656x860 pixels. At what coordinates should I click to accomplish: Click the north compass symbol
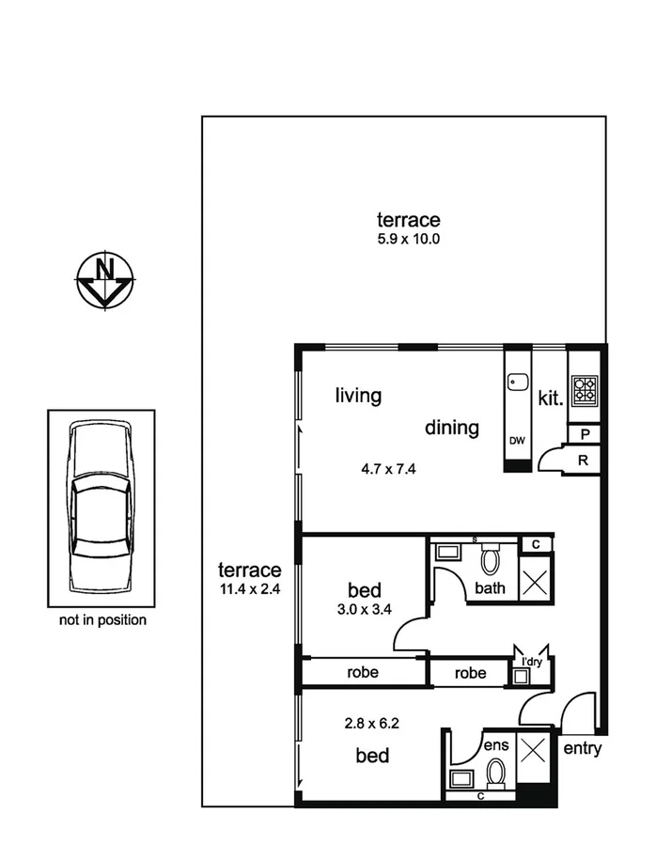pyautogui.click(x=104, y=279)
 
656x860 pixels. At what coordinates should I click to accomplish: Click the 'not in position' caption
pyautogui.click(x=102, y=620)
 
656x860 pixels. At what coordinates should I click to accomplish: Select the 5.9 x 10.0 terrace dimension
pyautogui.click(x=409, y=239)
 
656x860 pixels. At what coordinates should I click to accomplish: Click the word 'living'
pyautogui.click(x=359, y=396)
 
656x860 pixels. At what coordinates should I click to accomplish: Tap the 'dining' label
pyautogui.click(x=452, y=429)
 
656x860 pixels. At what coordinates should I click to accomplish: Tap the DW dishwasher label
pyautogui.click(x=517, y=440)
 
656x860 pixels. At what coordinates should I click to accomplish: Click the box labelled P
pyautogui.click(x=584, y=434)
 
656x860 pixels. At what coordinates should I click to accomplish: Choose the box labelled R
pyautogui.click(x=584, y=461)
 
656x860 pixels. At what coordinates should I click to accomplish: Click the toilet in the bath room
pyautogui.click(x=490, y=561)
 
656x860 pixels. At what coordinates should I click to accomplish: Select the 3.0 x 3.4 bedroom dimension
pyautogui.click(x=364, y=608)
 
